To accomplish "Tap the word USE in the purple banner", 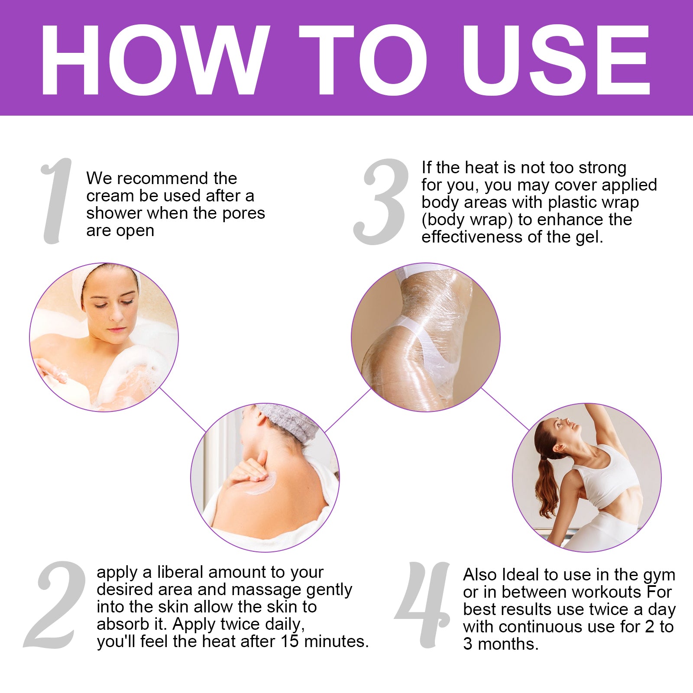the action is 556,60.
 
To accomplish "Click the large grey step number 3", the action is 381,201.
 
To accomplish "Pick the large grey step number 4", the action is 423,605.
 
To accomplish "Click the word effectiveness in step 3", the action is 472,237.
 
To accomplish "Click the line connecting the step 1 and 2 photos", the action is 183,409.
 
